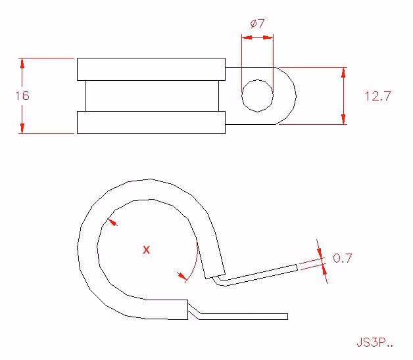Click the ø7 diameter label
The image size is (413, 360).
[257, 24]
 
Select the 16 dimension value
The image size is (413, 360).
[22, 95]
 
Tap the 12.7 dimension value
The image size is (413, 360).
[377, 96]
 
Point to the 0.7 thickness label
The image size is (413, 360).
[342, 258]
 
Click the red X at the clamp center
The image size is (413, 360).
[146, 250]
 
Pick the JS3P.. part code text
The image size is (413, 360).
[375, 342]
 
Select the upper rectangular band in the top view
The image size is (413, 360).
[151, 69]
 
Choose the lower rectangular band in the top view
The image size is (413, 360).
[151, 122]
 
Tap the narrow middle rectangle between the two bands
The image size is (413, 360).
[152, 96]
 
